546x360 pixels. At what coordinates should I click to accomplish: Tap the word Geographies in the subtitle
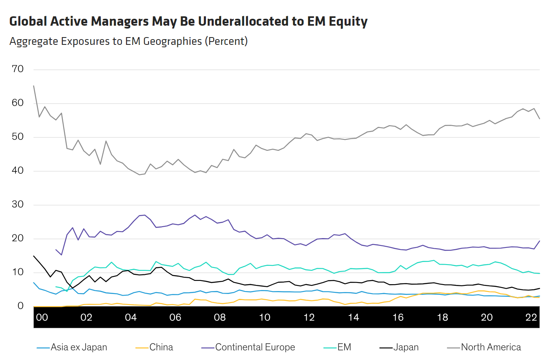(172, 41)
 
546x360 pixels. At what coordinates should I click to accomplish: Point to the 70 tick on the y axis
(18, 69)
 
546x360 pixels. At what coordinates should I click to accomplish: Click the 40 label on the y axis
(18, 170)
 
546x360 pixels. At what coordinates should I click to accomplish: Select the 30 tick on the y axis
(18, 204)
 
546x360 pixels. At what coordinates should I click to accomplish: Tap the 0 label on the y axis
(20, 306)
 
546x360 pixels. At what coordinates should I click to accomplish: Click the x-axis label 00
(42, 317)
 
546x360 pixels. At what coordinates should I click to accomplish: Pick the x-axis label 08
(220, 317)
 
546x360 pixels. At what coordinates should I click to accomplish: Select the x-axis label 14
(354, 317)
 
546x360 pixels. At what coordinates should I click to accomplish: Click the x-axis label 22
(531, 317)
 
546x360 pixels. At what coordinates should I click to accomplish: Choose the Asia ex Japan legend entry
(72, 347)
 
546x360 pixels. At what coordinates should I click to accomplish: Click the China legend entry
(154, 347)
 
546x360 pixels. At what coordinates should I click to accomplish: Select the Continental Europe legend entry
(248, 347)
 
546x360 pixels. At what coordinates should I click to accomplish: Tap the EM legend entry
(337, 347)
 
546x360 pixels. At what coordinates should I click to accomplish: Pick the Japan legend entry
(399, 347)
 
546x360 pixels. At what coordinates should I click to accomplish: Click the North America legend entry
(484, 347)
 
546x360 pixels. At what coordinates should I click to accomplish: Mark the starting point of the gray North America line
(33, 86)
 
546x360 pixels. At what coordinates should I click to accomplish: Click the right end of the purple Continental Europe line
(539, 241)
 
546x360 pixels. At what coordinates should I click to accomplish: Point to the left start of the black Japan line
(33, 256)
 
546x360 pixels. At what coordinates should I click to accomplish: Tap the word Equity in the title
(348, 22)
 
